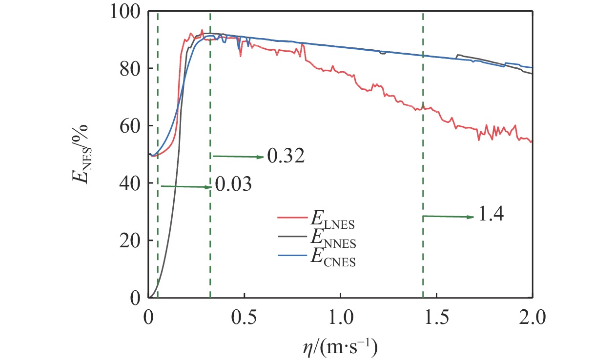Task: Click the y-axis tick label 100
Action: click(x=124, y=12)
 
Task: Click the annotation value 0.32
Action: click(x=286, y=157)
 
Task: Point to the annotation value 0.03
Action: click(x=232, y=186)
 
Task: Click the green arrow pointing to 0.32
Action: click(x=238, y=157)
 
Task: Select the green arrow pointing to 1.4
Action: click(x=448, y=216)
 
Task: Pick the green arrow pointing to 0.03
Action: click(x=185, y=186)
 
